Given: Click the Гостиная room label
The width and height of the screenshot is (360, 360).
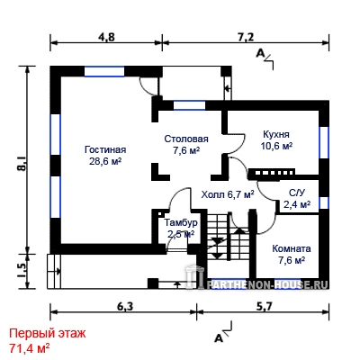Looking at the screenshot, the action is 105,149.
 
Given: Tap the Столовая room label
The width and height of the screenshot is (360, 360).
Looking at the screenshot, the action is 186,139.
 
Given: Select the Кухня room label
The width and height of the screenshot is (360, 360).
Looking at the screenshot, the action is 276,134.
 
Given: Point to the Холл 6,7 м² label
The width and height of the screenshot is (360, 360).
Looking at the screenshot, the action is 228,194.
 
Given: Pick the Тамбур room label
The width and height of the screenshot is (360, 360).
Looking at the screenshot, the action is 181,222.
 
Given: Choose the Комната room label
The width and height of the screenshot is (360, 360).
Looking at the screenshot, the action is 292,248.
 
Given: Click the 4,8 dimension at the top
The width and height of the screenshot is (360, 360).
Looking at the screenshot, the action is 106,37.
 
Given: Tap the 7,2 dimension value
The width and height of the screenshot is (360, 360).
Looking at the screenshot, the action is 246,37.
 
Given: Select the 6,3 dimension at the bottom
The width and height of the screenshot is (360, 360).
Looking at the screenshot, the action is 125,306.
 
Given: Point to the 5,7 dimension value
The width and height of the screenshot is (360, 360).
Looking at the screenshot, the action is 264,306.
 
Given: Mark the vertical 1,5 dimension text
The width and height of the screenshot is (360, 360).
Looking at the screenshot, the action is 22,271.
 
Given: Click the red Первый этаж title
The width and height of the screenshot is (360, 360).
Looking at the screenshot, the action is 48,333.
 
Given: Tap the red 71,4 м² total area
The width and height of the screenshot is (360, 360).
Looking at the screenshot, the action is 30,348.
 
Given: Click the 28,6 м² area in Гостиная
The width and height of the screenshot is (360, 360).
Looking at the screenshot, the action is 105,161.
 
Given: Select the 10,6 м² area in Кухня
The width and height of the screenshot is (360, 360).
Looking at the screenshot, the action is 276,146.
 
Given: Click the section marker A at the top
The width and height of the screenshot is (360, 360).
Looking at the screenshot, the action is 261,53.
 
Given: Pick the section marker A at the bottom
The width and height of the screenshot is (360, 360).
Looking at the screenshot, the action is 220,338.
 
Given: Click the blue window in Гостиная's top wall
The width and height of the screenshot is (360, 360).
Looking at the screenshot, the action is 104,71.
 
